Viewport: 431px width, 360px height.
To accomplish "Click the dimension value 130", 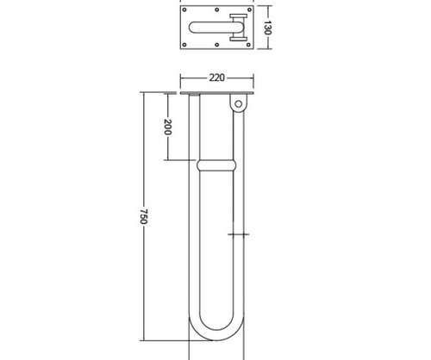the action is (x=267, y=28).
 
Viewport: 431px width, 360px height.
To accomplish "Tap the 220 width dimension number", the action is (x=216, y=78).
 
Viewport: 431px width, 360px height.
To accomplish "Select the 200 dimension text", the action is (x=167, y=127).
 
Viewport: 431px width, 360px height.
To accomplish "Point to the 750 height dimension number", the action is (x=144, y=216).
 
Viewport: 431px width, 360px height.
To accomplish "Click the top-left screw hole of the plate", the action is (x=184, y=9).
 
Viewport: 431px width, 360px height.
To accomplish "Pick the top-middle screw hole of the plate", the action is (x=217, y=9).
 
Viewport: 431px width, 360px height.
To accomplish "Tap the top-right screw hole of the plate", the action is (x=249, y=9).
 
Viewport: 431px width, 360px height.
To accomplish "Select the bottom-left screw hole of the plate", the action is (x=184, y=45).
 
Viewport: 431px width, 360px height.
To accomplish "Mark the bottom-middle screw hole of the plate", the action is (x=217, y=45).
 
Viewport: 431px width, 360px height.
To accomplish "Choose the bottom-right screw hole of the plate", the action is (x=249, y=45).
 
